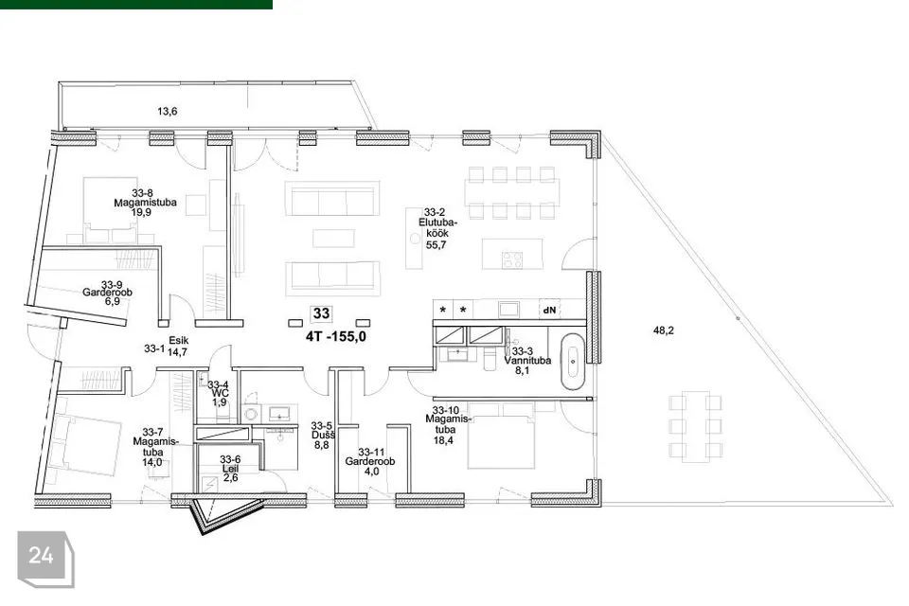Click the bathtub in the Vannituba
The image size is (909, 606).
(573, 362)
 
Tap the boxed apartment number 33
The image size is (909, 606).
(321, 313)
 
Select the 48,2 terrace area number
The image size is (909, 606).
(663, 330)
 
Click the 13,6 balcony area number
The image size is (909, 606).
(167, 112)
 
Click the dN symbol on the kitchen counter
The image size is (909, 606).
(549, 311)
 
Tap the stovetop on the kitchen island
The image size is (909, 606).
(512, 259)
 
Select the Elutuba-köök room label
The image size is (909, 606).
(437, 228)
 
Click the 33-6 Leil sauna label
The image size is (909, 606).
(230, 469)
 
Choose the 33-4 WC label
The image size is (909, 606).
(219, 393)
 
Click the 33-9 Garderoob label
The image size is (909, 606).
(108, 293)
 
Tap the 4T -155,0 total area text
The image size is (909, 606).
(335, 336)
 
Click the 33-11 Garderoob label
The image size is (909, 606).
(370, 462)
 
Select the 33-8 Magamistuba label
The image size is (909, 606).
(145, 203)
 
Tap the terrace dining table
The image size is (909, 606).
(695, 427)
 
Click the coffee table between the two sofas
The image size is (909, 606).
(333, 239)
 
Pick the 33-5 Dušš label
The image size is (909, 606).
(322, 435)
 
